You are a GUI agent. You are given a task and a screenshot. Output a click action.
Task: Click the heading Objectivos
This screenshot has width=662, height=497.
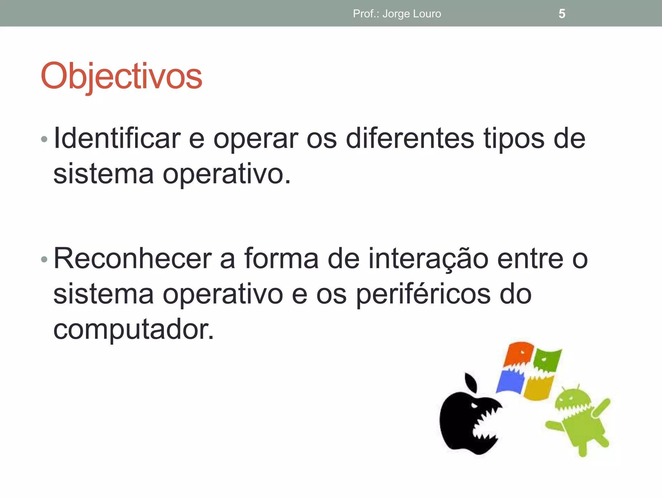(x=121, y=76)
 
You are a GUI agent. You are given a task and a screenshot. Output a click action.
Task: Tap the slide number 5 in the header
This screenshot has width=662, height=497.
(x=562, y=14)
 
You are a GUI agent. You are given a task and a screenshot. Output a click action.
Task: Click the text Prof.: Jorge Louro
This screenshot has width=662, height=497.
(x=397, y=14)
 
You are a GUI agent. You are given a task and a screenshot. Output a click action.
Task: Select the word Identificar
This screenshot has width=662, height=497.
(x=117, y=138)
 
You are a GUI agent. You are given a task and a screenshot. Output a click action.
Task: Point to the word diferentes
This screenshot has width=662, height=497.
(x=410, y=138)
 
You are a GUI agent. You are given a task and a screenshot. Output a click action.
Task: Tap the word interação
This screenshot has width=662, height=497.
(x=428, y=259)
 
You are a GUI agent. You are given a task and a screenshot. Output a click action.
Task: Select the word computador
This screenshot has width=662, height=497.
(x=133, y=329)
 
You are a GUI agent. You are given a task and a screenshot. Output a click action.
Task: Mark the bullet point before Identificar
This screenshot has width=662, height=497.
(x=44, y=139)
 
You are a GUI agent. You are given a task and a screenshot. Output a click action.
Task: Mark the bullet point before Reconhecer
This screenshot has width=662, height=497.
(x=44, y=259)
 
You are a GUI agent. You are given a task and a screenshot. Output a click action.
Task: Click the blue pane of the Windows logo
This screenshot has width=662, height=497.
(x=511, y=382)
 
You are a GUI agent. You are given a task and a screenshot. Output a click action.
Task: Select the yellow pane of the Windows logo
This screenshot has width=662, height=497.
(x=538, y=388)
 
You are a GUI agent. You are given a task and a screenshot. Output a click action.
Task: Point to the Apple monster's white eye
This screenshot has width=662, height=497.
(x=475, y=405)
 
